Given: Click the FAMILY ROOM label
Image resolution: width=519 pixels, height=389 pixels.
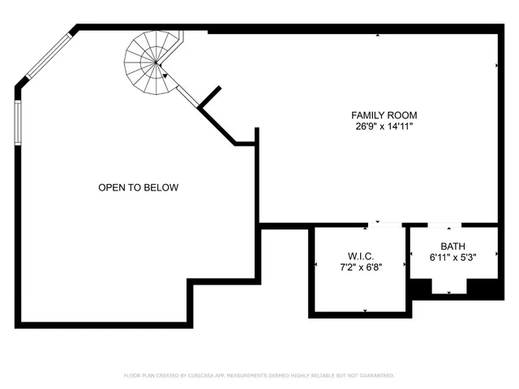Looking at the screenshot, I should coord(384,115).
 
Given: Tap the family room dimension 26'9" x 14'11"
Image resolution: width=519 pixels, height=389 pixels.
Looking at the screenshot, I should coord(384,126).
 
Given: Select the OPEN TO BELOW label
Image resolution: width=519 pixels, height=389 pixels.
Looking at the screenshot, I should coord(138,188).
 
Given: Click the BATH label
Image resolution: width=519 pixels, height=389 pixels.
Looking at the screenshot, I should coord(453,246).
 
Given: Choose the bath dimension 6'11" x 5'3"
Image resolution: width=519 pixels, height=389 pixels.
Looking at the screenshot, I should coord(453,257).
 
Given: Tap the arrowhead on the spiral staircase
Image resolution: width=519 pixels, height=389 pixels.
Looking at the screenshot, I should coord(165,75).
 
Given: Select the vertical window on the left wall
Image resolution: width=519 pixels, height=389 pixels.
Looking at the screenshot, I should coord(18,122).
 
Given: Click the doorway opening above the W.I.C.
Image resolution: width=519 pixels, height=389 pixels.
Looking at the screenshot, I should coord(384,224).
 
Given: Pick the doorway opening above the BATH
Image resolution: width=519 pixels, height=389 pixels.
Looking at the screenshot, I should coord(444,224).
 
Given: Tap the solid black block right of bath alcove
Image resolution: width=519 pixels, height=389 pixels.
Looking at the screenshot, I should coord(483,287).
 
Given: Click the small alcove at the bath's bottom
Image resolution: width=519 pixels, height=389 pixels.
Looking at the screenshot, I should coord(448,286).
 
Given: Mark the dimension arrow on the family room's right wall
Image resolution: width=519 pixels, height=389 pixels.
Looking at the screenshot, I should coord(495,66).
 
